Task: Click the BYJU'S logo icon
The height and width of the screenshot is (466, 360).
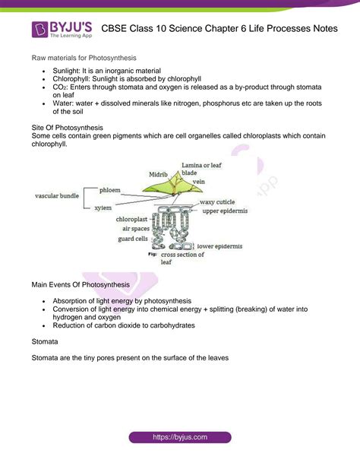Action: (x=40, y=30)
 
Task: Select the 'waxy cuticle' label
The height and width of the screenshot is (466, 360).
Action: (x=221, y=204)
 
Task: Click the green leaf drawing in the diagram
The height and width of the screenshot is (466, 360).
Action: (x=170, y=189)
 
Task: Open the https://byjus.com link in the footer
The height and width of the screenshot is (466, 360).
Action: (x=179, y=437)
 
